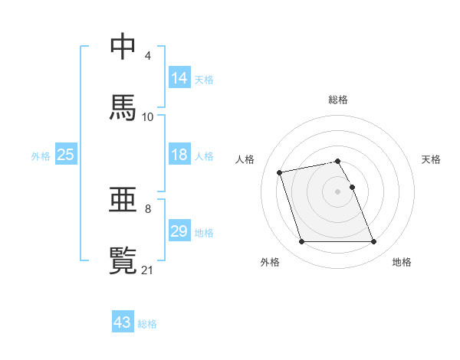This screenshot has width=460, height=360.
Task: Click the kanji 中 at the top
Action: click(x=123, y=47)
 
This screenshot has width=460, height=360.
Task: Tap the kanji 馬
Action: click(x=123, y=107)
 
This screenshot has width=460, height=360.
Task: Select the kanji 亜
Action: click(x=123, y=201)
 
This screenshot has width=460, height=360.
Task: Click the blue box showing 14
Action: click(x=179, y=78)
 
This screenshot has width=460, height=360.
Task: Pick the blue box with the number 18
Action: click(x=179, y=155)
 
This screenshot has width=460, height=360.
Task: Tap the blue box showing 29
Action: click(x=179, y=231)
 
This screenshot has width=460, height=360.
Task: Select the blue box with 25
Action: click(x=66, y=155)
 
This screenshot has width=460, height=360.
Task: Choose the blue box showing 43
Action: click(x=123, y=322)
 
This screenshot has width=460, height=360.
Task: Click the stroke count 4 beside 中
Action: click(x=147, y=56)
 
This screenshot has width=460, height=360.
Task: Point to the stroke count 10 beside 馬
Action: click(x=148, y=116)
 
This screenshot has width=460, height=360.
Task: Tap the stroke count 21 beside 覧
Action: click(x=148, y=269)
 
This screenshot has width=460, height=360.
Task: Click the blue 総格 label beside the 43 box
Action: click(x=148, y=324)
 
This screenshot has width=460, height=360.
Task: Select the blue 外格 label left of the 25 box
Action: click(x=41, y=155)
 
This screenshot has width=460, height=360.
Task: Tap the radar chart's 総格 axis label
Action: click(x=338, y=100)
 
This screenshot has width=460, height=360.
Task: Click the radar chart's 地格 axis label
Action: click(x=402, y=263)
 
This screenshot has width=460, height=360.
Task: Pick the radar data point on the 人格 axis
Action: click(x=280, y=172)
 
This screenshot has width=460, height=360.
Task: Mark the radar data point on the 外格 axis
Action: click(x=301, y=242)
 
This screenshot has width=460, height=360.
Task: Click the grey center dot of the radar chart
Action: click(x=338, y=191)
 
